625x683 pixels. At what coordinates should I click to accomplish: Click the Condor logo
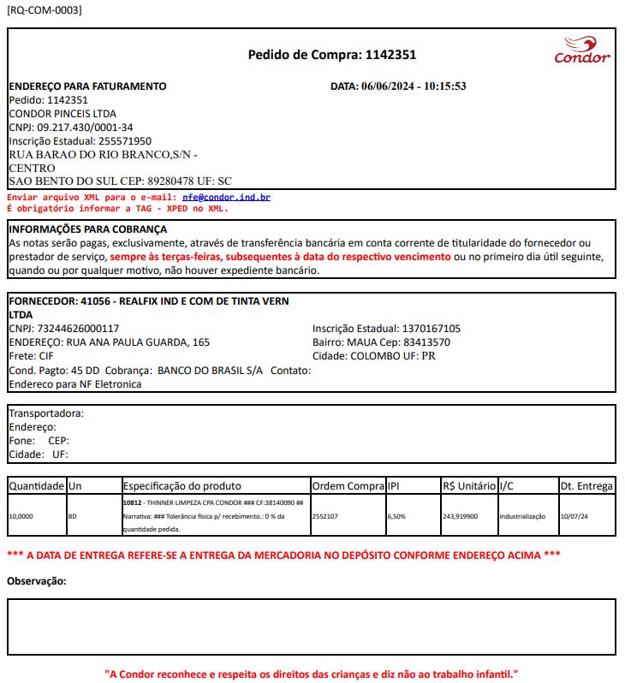point(582,50)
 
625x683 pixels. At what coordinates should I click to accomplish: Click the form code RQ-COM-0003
point(45,10)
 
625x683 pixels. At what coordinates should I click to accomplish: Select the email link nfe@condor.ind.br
point(226,197)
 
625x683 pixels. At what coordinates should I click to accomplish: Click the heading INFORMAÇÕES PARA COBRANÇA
point(87,229)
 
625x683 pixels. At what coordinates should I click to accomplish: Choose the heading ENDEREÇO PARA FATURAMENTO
point(87,86)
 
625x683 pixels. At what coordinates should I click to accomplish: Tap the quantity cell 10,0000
point(22,517)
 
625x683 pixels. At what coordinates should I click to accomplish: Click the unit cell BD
point(72,517)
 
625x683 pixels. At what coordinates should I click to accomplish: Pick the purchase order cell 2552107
point(324,517)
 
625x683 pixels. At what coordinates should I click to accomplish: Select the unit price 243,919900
point(461,517)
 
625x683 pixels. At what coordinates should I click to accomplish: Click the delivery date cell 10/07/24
point(574,517)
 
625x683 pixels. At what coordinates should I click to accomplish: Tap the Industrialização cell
point(525,517)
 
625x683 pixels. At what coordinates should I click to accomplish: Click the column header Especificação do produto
point(182,486)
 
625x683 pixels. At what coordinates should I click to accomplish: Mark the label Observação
point(37,582)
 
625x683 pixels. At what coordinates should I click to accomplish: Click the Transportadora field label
point(46,413)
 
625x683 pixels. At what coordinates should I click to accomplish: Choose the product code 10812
point(132,503)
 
